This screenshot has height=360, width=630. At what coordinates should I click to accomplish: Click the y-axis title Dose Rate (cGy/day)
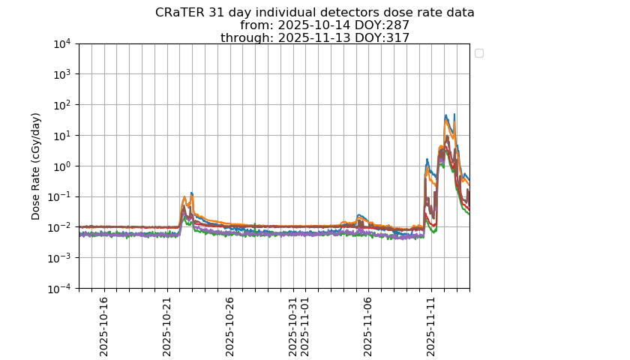36,166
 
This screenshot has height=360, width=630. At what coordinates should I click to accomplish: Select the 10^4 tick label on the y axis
61,43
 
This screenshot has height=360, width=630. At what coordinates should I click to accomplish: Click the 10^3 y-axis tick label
61,74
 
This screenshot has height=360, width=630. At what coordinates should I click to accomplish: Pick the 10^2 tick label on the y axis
61,105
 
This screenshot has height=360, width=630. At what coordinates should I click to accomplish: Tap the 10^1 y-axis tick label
61,136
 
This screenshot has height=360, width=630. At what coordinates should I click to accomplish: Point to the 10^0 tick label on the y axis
61,166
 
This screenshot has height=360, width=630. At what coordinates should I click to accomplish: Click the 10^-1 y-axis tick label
60,196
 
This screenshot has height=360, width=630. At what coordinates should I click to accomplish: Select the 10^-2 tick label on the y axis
60,227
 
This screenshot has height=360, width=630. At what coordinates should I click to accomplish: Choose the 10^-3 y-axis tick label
60,258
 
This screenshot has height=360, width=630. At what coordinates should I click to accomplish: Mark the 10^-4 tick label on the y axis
60,289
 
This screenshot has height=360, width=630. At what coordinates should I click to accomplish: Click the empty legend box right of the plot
479,52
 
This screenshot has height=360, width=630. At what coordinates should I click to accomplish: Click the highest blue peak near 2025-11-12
454,115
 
